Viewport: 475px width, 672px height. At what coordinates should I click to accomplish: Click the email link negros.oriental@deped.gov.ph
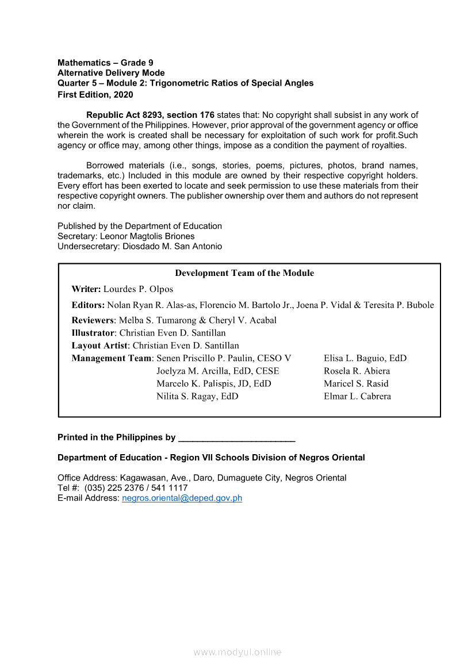[x=182, y=498]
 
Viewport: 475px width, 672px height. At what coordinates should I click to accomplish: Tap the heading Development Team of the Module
[x=244, y=273]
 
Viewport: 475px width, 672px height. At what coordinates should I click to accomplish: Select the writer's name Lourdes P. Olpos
[x=138, y=289]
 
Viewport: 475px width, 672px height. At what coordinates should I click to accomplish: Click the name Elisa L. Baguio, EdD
[x=365, y=358]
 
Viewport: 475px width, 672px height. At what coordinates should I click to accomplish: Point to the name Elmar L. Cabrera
[x=357, y=396]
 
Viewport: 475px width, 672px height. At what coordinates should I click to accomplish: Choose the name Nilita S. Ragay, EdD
[x=197, y=396]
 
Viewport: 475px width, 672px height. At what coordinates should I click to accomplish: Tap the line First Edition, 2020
[x=95, y=94]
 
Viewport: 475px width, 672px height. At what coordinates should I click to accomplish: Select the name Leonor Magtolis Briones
[x=147, y=236]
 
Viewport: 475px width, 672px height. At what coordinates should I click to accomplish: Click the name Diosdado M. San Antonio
[x=173, y=246]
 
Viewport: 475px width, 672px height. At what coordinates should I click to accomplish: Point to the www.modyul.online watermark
[x=237, y=652]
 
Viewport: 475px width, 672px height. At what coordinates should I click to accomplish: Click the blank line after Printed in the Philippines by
[x=237, y=438]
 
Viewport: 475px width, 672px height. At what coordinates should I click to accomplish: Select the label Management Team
[x=111, y=358]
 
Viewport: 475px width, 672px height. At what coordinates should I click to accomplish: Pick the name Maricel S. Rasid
[x=356, y=383]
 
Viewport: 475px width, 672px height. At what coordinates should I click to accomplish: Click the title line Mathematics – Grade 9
[x=105, y=63]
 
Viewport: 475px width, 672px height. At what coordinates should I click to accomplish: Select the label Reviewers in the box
[x=93, y=320]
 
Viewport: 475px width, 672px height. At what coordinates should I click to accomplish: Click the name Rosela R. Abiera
[x=357, y=371]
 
